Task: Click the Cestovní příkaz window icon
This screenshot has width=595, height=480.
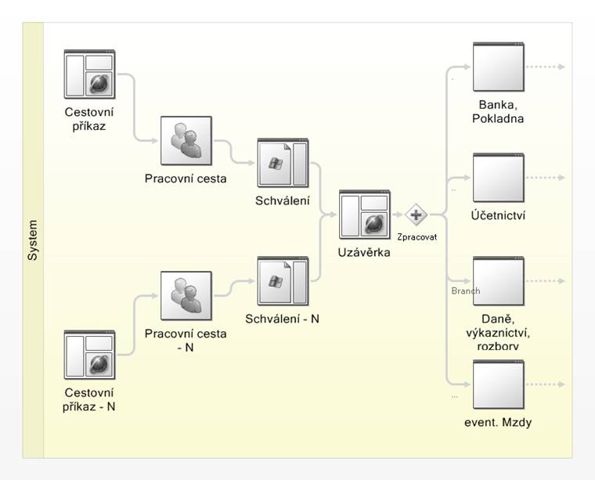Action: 89,74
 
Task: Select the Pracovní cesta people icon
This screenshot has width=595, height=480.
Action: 186,141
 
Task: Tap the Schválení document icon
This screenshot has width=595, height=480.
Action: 283,163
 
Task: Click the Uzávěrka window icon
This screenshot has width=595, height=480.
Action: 365,215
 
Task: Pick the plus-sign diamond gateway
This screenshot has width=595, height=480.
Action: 416,215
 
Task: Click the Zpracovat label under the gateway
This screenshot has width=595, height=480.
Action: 417,237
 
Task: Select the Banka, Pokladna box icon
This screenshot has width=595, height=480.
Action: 499,67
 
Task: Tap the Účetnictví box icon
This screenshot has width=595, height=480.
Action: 499,178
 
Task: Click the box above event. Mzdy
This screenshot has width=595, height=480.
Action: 499,384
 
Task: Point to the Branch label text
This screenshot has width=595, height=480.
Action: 466,291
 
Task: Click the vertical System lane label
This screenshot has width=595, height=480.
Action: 33,240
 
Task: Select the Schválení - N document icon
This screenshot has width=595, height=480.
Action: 283,281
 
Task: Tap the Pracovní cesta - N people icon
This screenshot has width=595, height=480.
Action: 186,295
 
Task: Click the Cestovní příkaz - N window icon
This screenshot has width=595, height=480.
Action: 89,355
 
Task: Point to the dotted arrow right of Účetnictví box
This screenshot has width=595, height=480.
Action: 546,178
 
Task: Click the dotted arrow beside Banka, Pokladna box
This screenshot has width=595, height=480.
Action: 546,67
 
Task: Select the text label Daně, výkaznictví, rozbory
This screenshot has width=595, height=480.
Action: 498,332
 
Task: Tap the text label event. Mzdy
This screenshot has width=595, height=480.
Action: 498,422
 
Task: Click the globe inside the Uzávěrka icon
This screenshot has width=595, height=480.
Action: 375,225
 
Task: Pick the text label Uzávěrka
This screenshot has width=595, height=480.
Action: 364,252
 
